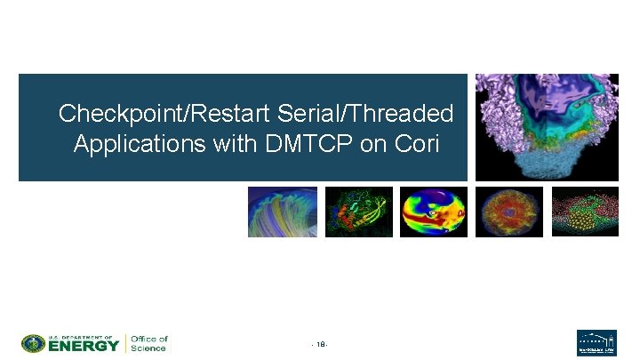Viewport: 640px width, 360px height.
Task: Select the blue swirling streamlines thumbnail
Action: pyautogui.click(x=282, y=212)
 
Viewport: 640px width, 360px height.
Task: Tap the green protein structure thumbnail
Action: pyautogui.click(x=358, y=212)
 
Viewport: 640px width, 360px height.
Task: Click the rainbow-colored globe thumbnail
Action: pyautogui.click(x=434, y=212)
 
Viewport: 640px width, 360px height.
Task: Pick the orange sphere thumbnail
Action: pyautogui.click(x=508, y=212)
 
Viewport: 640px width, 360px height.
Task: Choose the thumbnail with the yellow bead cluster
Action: pyautogui.click(x=584, y=212)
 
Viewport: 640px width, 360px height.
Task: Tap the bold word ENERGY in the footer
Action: pyautogui.click(x=83, y=346)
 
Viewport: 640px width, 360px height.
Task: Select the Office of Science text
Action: pyautogui.click(x=148, y=343)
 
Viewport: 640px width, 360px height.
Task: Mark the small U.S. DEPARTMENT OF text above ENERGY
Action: pyautogui.click(x=82, y=337)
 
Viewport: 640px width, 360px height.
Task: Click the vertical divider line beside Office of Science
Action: pyautogui.click(x=125, y=343)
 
